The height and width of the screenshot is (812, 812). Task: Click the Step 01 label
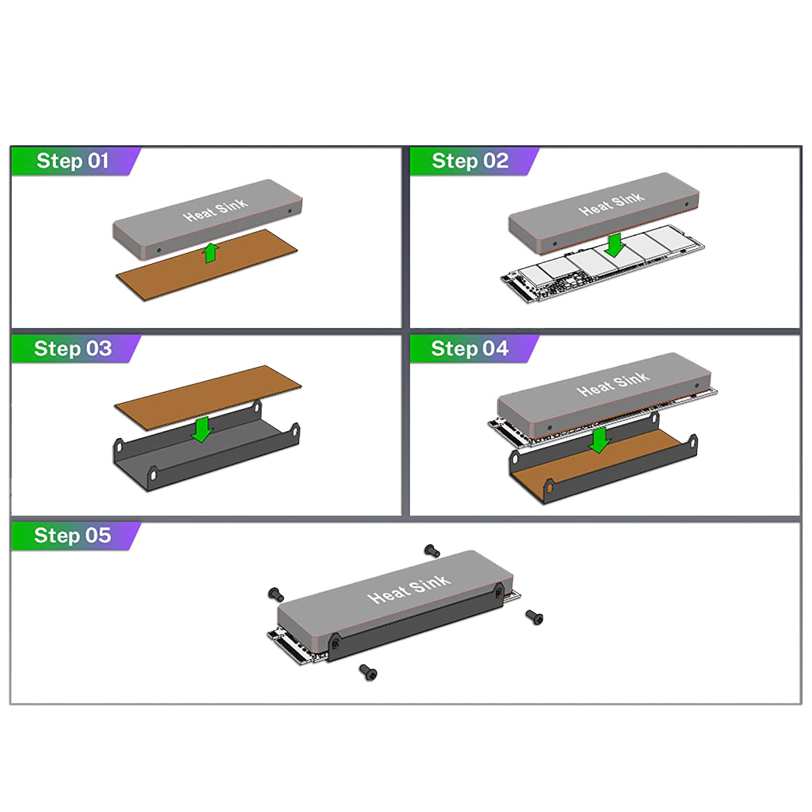[x=73, y=161]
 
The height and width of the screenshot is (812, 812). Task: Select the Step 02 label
[x=470, y=161]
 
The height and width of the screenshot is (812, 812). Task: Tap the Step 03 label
[x=73, y=348]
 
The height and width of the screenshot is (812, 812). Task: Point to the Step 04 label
[x=470, y=348]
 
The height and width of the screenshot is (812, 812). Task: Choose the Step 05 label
[x=73, y=536]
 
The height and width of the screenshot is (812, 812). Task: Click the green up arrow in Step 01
[x=210, y=253]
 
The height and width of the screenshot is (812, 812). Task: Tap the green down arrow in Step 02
[x=614, y=245]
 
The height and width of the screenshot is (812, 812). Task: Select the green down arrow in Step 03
[x=201, y=429]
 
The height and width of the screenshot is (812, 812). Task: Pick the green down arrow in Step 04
[x=600, y=440]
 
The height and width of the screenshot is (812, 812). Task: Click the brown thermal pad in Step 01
[x=207, y=264]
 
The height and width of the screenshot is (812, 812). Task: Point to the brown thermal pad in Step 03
[x=208, y=397]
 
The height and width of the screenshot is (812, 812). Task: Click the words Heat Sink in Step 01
[x=215, y=209]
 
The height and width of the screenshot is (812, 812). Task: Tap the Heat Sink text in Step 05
[x=409, y=589]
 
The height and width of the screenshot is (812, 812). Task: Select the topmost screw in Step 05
[x=432, y=550]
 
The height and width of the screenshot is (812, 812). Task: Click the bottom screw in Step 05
[x=369, y=672]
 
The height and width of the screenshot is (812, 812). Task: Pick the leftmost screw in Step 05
[x=276, y=594]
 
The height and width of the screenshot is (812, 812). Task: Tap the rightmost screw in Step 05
[x=534, y=617]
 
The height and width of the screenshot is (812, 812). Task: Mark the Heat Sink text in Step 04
[x=613, y=384]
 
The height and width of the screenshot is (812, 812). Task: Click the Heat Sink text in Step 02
[x=611, y=204]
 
